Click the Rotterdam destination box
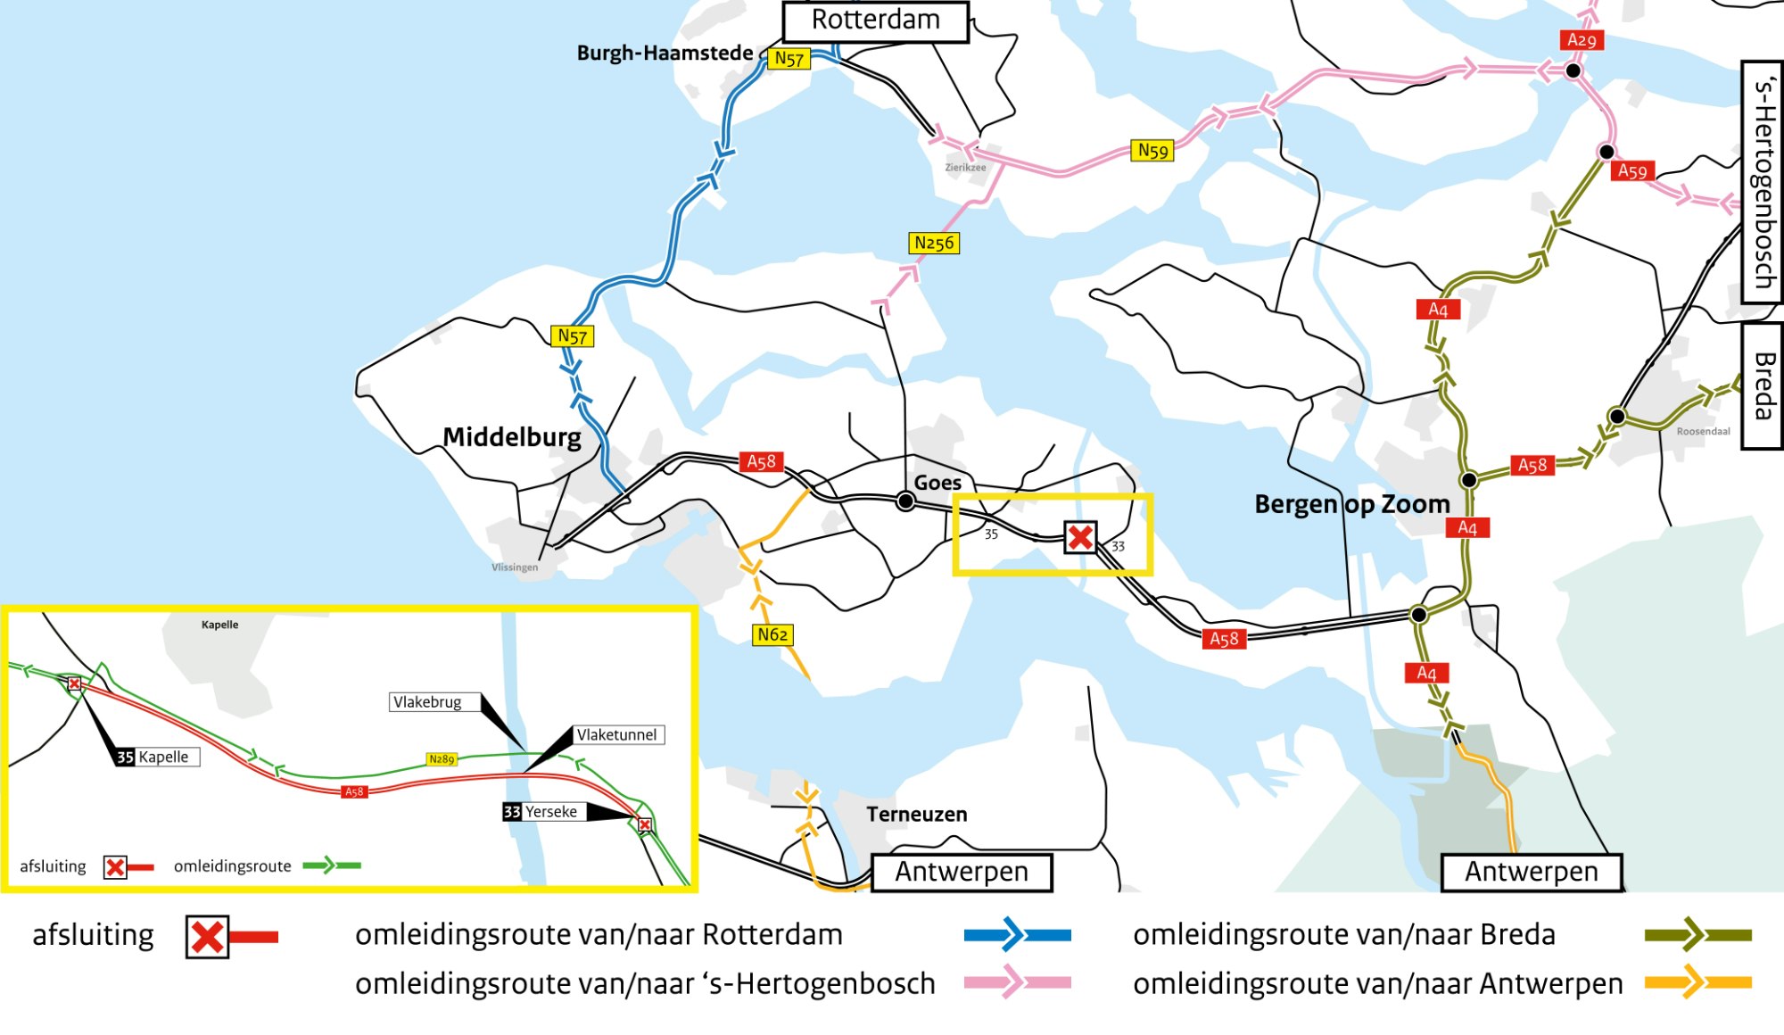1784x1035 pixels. click(x=875, y=21)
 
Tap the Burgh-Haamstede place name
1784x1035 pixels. click(x=665, y=54)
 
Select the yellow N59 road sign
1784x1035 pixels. click(x=1152, y=151)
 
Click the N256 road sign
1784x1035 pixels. click(x=934, y=243)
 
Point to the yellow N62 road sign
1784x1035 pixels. click(x=772, y=634)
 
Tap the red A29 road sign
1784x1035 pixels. click(x=1582, y=40)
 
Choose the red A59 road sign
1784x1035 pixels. click(x=1632, y=171)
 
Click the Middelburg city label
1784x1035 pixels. click(x=512, y=437)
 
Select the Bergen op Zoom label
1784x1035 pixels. click(x=1351, y=504)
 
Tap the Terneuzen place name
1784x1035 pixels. click(x=916, y=814)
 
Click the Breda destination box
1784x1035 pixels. click(x=1763, y=385)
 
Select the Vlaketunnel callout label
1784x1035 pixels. click(x=617, y=735)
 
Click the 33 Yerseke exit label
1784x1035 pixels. click(x=542, y=812)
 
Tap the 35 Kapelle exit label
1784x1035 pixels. click(x=156, y=757)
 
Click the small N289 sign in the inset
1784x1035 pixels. click(x=442, y=759)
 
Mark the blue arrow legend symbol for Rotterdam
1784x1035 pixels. click(x=1017, y=935)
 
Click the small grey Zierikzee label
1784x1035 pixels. click(x=965, y=168)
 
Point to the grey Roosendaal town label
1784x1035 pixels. click(x=1703, y=432)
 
